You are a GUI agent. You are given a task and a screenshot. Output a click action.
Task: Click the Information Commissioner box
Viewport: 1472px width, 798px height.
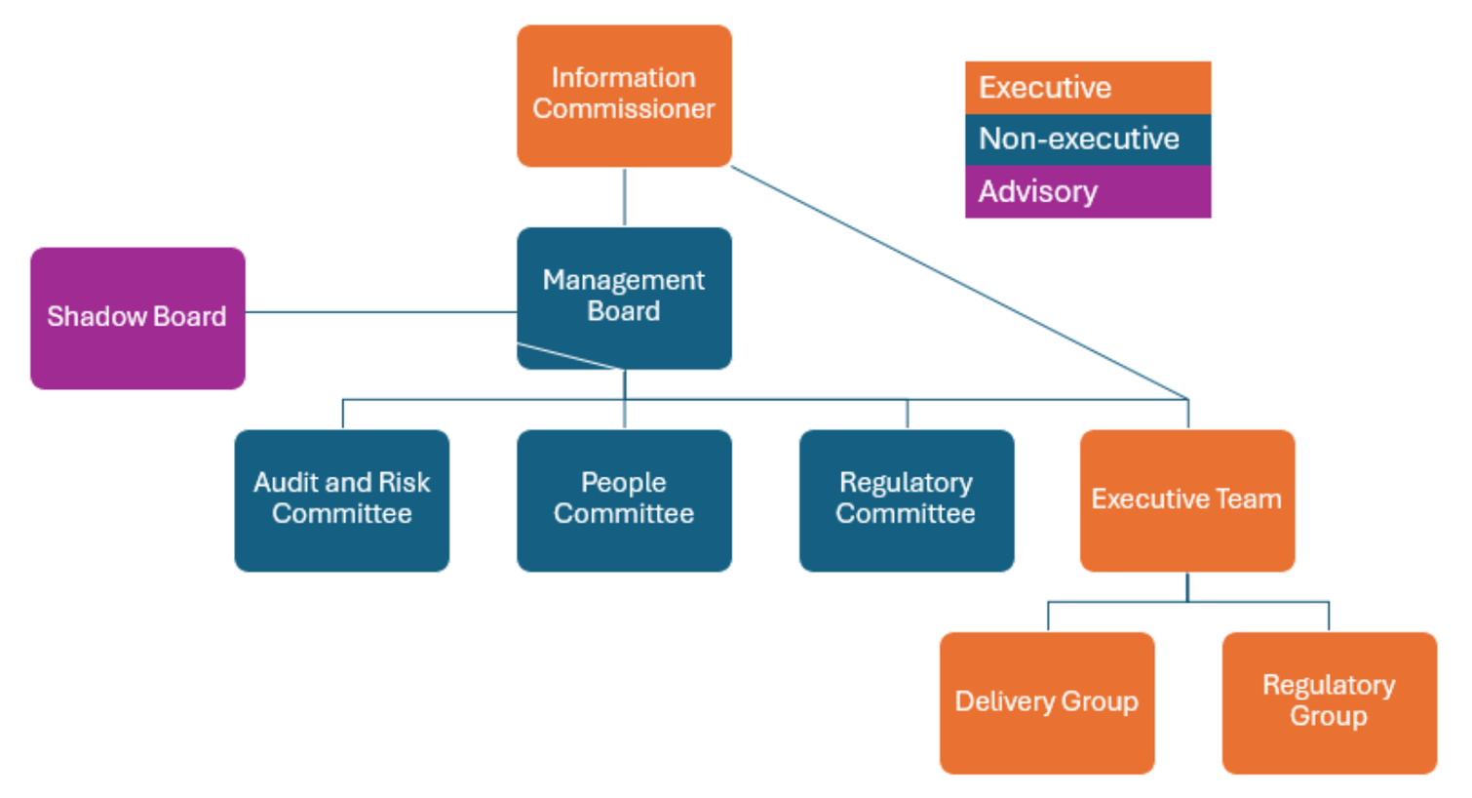pyautogui.click(x=624, y=96)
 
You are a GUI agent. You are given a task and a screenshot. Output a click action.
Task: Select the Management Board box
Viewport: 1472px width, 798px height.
pyautogui.click(x=624, y=297)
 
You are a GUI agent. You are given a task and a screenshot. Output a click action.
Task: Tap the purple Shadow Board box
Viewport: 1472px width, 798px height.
pyautogui.click(x=137, y=318)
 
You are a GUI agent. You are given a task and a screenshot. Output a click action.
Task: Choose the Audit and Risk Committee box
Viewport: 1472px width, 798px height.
pyautogui.click(x=341, y=499)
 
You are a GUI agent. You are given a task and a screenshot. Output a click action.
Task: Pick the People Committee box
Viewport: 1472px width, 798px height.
pyautogui.click(x=624, y=499)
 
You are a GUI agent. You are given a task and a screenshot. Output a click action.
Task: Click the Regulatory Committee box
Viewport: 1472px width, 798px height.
pyautogui.click(x=906, y=499)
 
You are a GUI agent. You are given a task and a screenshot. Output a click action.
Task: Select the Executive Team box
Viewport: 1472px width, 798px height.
pyautogui.click(x=1186, y=499)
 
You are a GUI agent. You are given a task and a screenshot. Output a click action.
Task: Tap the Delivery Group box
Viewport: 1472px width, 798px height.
pyautogui.click(x=1047, y=702)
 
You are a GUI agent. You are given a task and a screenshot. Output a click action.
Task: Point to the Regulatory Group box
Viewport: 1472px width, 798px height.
pyautogui.click(x=1329, y=702)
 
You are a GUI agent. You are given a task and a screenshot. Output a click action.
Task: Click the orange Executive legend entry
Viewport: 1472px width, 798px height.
pyautogui.click(x=1087, y=88)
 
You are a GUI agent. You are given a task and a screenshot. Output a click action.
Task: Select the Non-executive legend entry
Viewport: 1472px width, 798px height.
pyautogui.click(x=1087, y=140)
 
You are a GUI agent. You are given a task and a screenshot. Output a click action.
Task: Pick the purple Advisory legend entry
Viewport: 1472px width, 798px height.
pyautogui.click(x=1087, y=191)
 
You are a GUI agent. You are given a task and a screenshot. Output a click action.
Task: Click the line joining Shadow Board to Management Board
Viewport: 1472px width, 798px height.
pyautogui.click(x=380, y=312)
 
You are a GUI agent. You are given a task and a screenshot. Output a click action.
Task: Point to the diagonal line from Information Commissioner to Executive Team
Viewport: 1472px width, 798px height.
pyautogui.click(x=960, y=283)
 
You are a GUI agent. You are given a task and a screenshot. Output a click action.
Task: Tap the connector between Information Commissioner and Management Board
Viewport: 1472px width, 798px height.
pyautogui.click(x=624, y=197)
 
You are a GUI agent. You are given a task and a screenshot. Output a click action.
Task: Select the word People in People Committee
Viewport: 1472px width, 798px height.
pyautogui.click(x=624, y=483)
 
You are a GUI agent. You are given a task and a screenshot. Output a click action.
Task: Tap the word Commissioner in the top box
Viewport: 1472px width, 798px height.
pyautogui.click(x=624, y=109)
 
